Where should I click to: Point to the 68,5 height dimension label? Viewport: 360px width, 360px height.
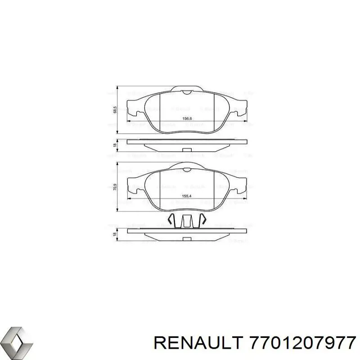click(115, 110)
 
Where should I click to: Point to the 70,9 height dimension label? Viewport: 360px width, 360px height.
click(115, 187)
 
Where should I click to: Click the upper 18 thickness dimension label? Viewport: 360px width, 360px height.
click(115, 145)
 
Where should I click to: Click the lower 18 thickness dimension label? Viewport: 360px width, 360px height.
click(115, 234)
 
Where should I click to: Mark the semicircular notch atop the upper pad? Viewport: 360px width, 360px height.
click(187, 92)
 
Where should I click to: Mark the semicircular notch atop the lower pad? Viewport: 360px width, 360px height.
click(187, 168)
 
